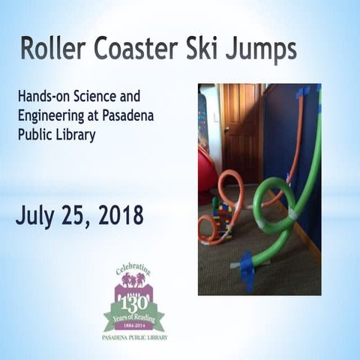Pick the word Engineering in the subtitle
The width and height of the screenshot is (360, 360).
click(x=53, y=115)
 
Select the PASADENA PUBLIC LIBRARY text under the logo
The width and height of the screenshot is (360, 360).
click(x=136, y=338)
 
